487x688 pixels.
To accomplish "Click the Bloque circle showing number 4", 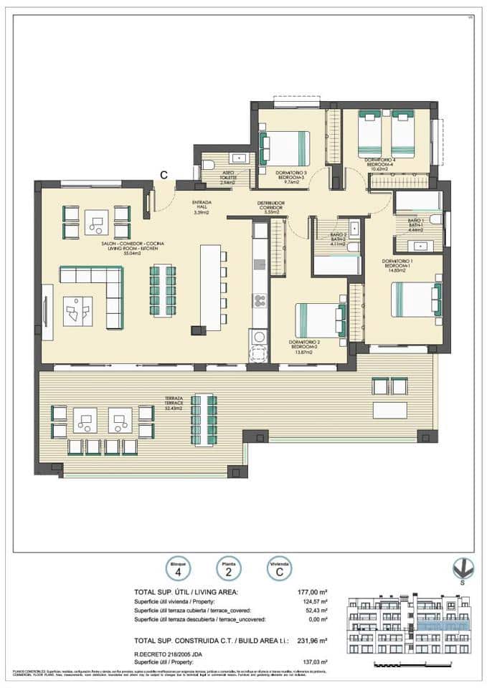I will tap(177, 570).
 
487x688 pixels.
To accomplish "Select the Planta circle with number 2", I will tap(227, 570).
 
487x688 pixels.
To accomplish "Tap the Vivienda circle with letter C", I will tap(279, 570).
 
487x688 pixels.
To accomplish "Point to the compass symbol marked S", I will tap(463, 569).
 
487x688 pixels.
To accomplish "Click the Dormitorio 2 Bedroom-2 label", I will tap(309, 345).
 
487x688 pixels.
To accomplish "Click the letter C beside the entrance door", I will tap(164, 174).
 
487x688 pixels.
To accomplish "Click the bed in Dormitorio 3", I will tap(285, 148).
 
